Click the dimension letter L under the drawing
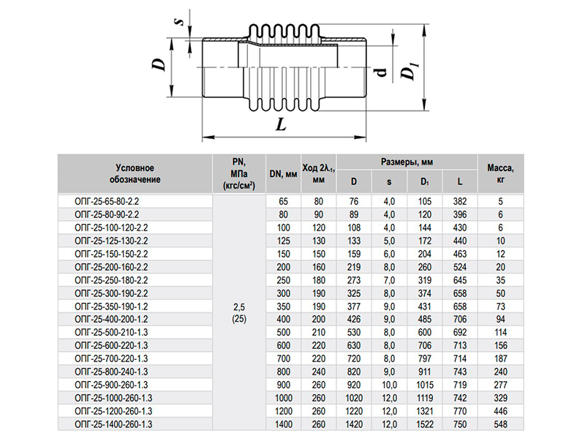click(x=282, y=124)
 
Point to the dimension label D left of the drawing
click(x=159, y=64)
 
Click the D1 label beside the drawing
click(x=409, y=71)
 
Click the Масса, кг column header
click(x=500, y=173)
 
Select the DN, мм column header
click(x=283, y=174)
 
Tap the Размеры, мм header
click(x=407, y=162)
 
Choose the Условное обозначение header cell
click(x=135, y=173)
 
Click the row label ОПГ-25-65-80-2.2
click(x=107, y=202)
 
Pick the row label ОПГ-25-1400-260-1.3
click(x=113, y=424)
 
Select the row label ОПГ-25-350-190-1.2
click(x=111, y=307)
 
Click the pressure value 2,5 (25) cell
click(x=239, y=313)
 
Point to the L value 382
click(x=460, y=202)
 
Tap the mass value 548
click(x=500, y=424)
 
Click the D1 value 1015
click(x=425, y=385)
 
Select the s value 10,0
click(x=389, y=385)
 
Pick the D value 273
click(x=354, y=280)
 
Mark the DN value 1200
click(x=283, y=411)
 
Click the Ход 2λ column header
click(x=318, y=174)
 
